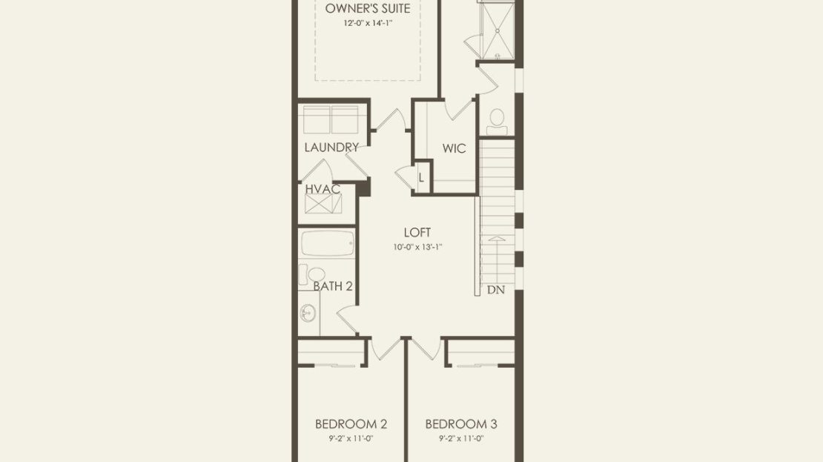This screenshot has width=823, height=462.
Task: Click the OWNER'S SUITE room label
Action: [368, 8]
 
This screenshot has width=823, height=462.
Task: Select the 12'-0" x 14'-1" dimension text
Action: [368, 23]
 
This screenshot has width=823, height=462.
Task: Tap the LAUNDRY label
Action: [331, 148]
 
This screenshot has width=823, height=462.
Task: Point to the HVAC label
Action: [323, 188]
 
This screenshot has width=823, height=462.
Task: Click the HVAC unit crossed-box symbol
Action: [323, 204]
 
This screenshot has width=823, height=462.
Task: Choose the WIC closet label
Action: [454, 148]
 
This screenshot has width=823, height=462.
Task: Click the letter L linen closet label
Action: [421, 177]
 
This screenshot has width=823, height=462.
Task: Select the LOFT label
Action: [417, 232]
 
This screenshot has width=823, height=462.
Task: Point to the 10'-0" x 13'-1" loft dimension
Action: [417, 247]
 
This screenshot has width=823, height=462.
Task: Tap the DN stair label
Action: [496, 289]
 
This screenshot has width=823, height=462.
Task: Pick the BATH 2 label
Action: [333, 286]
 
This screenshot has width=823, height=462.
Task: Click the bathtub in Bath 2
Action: [328, 243]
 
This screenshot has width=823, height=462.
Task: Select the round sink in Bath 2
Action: [308, 314]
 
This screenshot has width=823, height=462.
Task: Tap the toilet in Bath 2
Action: [313, 274]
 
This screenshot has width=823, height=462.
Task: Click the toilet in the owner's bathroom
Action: [497, 122]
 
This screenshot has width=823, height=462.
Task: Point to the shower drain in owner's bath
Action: [497, 31]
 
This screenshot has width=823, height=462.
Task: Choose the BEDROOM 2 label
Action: [351, 423]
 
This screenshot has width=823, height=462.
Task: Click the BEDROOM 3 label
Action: [461, 423]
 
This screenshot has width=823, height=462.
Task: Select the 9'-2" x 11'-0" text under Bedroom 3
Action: [461, 438]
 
